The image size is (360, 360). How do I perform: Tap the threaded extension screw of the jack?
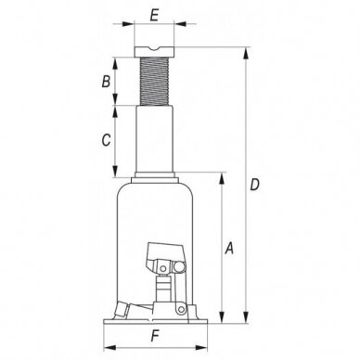point(153,82)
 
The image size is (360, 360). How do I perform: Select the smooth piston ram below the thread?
point(153,139)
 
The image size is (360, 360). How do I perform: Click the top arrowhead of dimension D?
point(245,45)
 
